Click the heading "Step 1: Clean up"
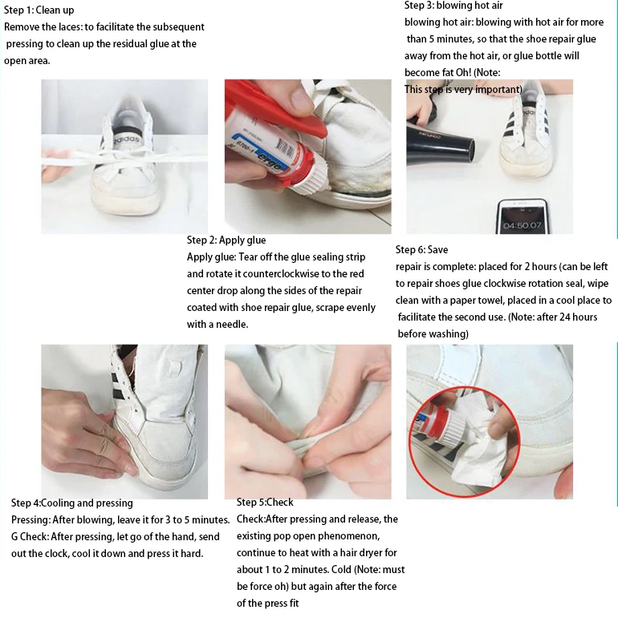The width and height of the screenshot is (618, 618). coord(39,10)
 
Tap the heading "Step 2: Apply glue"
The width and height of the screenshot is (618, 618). coord(226,240)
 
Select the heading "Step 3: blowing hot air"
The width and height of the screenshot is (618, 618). coord(453,6)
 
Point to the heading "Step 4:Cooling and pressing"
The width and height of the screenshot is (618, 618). coord(71,503)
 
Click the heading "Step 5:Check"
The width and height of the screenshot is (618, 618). coord(265,502)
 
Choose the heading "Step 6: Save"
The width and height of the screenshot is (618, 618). coord(421,249)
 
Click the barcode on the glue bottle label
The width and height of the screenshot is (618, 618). coord(285,147)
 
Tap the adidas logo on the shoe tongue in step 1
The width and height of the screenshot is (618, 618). coord(126,140)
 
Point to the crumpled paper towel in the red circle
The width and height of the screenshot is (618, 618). coord(482,446)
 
